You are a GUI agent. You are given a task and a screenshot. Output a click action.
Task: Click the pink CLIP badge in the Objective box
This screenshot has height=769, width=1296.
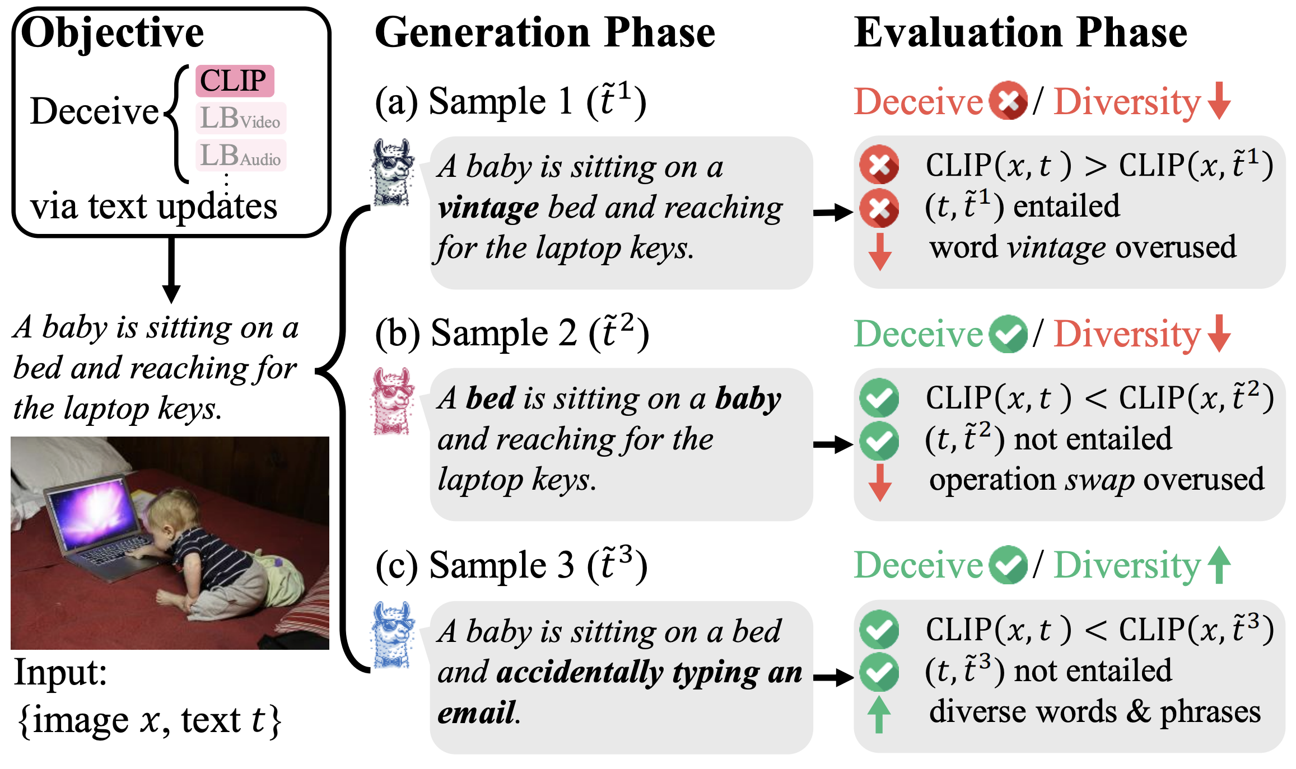(234, 81)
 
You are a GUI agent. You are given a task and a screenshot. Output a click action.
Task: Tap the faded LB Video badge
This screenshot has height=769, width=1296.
(240, 118)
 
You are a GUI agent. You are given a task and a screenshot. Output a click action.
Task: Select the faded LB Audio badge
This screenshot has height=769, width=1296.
(240, 156)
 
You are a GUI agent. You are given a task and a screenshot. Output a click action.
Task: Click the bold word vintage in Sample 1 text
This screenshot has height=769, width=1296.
(488, 208)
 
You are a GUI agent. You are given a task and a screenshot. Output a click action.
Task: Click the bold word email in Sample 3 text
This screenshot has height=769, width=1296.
(477, 712)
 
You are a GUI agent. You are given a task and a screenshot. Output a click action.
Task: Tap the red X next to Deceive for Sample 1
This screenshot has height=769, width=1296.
(1008, 101)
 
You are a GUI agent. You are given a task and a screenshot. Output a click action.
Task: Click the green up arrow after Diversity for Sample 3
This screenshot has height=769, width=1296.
(1219, 565)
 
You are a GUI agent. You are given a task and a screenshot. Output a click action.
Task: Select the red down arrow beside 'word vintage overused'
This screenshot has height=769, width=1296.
(880, 251)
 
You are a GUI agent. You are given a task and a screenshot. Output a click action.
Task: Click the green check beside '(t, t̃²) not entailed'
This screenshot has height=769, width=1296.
(879, 440)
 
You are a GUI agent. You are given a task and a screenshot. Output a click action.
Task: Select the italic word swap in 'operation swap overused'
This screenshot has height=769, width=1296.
(1099, 480)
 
